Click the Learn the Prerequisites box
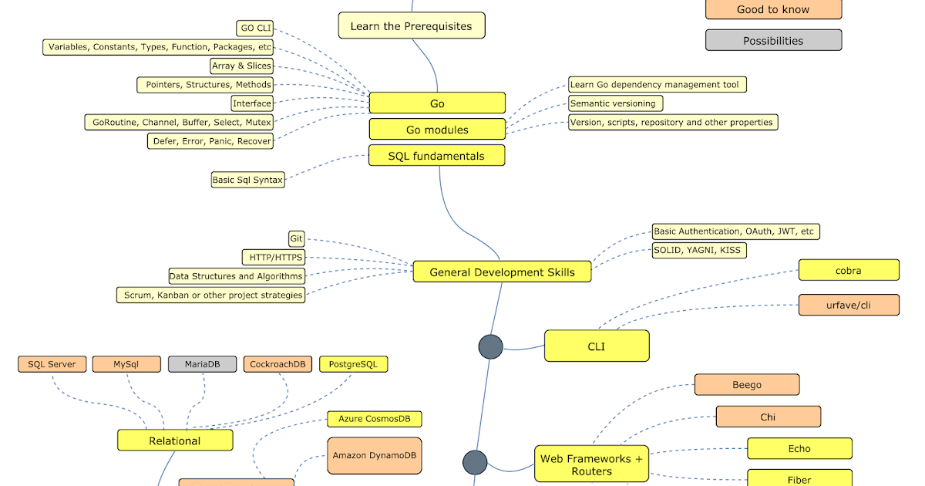pyautogui.click(x=412, y=25)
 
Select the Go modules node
pyautogui.click(x=437, y=130)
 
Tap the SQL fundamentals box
pyautogui.click(x=437, y=156)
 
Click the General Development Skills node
pyautogui.click(x=502, y=272)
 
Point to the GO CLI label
pyautogui.click(x=257, y=29)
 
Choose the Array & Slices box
pyautogui.click(x=241, y=66)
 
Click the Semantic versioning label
pyautogui.click(x=615, y=103)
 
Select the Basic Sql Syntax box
pyautogui.click(x=247, y=180)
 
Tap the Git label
pyautogui.click(x=297, y=239)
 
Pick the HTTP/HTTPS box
pyautogui.click(x=274, y=257)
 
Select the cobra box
pyautogui.click(x=849, y=270)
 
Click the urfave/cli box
pyautogui.click(x=849, y=305)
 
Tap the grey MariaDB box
pyautogui.click(x=202, y=364)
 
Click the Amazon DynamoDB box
pyautogui.click(x=375, y=455)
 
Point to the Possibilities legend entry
pyautogui.click(x=773, y=40)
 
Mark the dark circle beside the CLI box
pyautogui.click(x=490, y=347)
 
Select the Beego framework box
pyautogui.click(x=746, y=384)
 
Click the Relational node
pyautogui.click(x=175, y=440)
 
